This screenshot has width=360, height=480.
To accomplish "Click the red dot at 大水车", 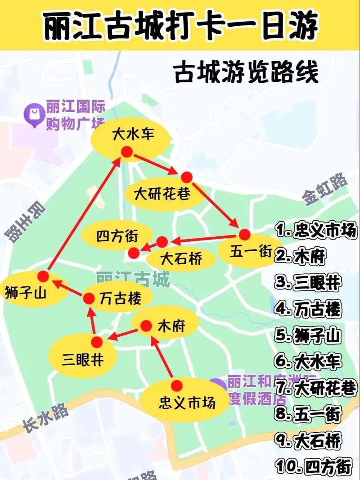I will [x=127, y=152].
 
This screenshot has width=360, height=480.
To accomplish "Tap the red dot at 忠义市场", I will [x=177, y=385].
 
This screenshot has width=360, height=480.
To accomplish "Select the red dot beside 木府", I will [x=146, y=326].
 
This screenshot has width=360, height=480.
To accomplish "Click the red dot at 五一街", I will [x=244, y=235].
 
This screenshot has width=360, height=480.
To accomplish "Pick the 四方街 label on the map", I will [x=117, y=235].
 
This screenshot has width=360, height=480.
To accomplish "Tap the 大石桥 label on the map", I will [x=181, y=258].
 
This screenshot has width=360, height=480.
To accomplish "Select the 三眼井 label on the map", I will [x=83, y=360].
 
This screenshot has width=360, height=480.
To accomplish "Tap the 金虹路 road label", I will [x=325, y=189].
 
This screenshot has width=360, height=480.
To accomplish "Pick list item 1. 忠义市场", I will [x=316, y=231].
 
